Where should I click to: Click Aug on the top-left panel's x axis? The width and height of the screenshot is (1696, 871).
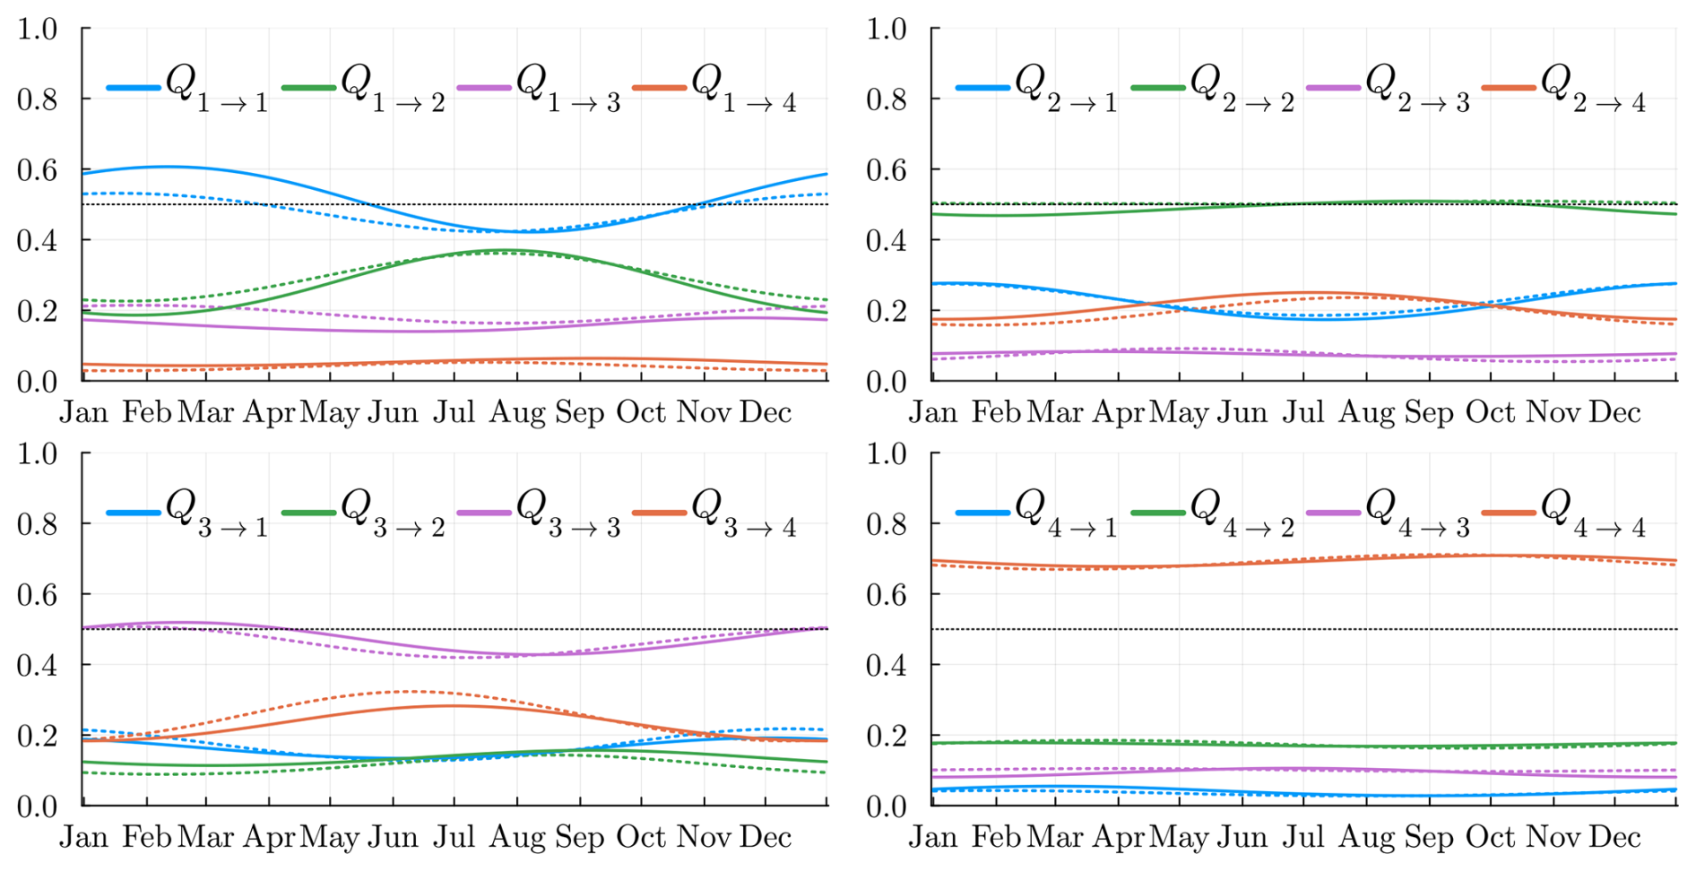click(x=516, y=412)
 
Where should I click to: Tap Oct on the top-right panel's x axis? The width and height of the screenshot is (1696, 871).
click(x=1490, y=412)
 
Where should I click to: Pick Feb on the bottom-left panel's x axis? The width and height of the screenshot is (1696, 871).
click(x=146, y=837)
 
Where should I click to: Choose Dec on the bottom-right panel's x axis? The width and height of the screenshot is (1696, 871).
click(x=1614, y=837)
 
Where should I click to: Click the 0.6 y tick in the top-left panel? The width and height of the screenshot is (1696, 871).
click(x=37, y=169)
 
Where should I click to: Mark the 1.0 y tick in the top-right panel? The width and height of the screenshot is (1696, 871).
click(x=887, y=29)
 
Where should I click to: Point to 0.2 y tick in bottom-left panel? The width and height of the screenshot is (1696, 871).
click(x=37, y=736)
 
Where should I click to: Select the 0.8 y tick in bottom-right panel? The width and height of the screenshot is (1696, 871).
click(x=887, y=523)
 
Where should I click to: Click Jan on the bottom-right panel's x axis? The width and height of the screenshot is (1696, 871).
click(x=933, y=837)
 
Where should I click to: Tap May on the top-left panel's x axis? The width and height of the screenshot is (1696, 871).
click(x=329, y=412)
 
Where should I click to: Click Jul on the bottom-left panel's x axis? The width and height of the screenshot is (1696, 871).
click(x=454, y=837)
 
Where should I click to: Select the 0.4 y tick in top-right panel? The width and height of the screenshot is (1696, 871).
click(x=887, y=240)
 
